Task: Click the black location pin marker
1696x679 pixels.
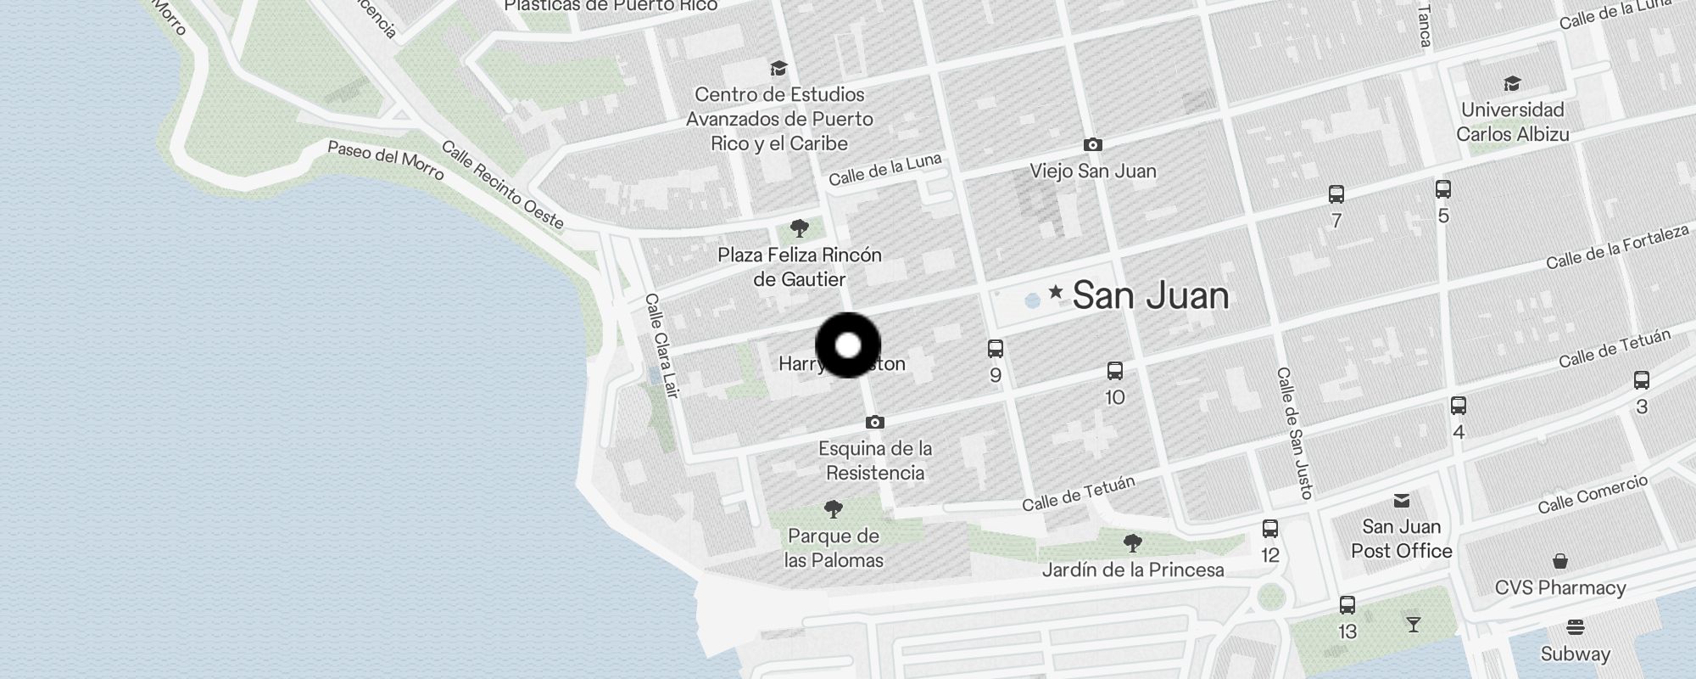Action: (x=848, y=345)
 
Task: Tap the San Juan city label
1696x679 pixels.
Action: (x=1150, y=295)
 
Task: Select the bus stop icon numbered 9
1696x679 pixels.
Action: (x=996, y=349)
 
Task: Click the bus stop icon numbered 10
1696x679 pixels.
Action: (x=1115, y=371)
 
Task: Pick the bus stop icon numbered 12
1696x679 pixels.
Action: (x=1269, y=529)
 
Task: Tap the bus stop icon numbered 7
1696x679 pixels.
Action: (x=1336, y=194)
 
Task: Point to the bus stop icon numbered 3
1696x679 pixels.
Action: (x=1641, y=380)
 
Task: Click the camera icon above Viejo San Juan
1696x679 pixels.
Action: (x=1093, y=145)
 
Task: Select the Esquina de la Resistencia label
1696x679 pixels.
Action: (x=875, y=460)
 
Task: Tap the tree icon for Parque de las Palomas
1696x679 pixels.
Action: (x=834, y=509)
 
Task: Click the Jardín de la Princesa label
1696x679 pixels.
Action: (x=1132, y=570)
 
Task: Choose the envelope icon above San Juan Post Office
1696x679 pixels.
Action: (x=1401, y=501)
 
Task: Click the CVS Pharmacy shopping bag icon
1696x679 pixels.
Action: (x=1559, y=562)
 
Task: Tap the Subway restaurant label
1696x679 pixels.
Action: (x=1575, y=654)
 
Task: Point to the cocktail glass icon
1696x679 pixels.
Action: (x=1413, y=625)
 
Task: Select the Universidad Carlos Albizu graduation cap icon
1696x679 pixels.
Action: (x=1512, y=83)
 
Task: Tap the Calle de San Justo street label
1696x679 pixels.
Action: (x=1295, y=433)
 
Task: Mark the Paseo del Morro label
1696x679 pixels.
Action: (x=386, y=160)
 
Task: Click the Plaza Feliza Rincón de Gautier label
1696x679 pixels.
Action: (x=799, y=267)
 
